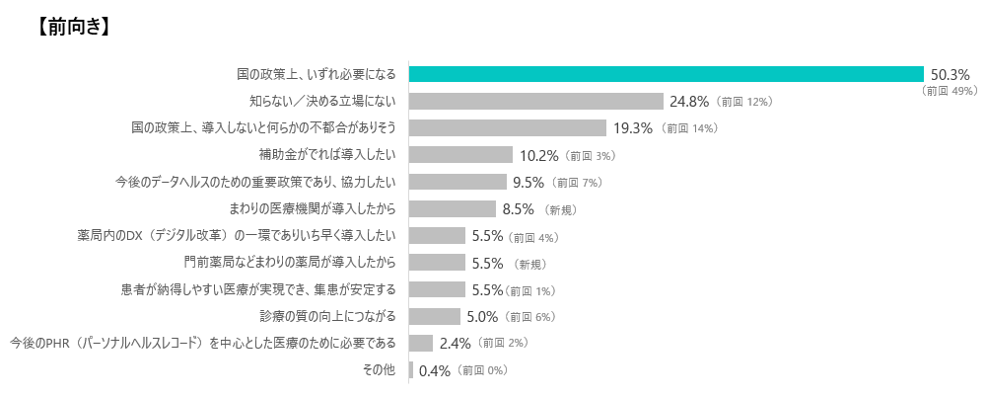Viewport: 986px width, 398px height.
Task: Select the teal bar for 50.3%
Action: [666, 74]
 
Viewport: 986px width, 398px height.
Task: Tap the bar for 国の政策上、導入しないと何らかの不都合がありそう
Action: [507, 127]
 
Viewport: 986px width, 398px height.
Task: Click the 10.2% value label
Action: [539, 155]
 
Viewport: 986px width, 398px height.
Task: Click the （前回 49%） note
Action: [948, 91]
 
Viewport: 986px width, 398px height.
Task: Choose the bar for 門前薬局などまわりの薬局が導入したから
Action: [437, 262]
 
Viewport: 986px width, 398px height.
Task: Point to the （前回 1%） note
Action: [531, 290]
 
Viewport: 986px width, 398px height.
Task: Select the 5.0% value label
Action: [483, 316]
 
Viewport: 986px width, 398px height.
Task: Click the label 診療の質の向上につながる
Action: [327, 316]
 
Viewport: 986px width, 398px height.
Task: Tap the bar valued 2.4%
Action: [421, 343]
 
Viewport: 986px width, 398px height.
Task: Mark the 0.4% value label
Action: [435, 370]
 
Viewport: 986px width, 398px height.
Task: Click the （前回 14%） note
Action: [689, 128]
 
